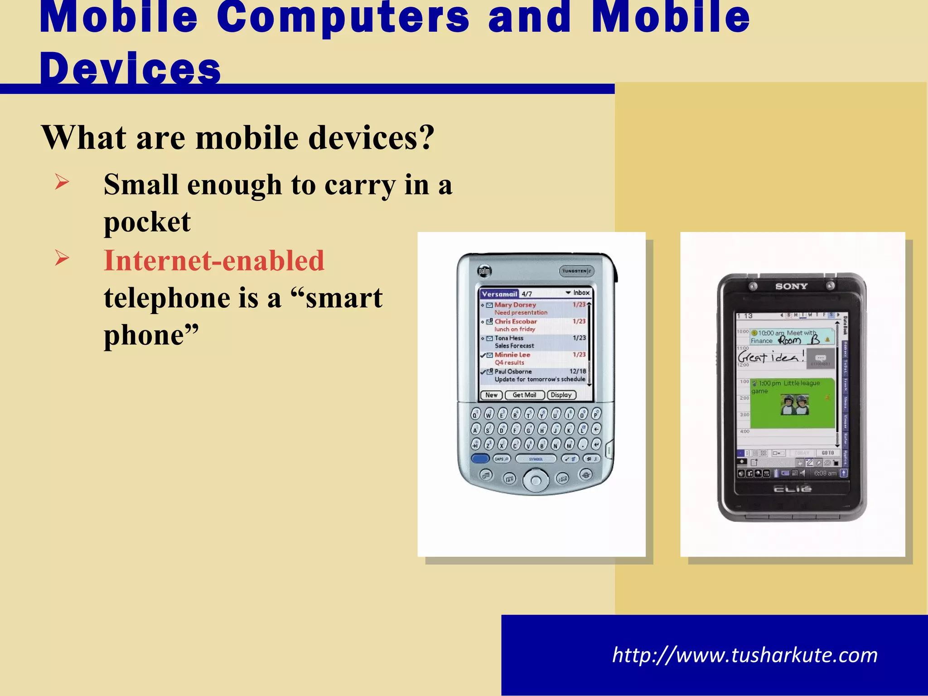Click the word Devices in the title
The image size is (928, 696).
[x=130, y=69]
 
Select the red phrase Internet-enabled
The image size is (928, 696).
[x=214, y=261]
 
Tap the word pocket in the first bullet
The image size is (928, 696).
[x=147, y=222]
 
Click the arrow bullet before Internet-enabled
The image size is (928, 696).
[x=62, y=258]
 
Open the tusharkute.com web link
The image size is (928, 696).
[x=744, y=655]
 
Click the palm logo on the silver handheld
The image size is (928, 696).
[x=484, y=271]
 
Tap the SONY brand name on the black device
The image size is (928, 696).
[x=791, y=286]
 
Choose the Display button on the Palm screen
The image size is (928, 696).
[x=561, y=395]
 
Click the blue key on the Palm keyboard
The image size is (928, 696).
[x=480, y=459]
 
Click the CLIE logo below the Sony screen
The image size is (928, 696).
[x=792, y=489]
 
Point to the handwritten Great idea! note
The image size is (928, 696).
[x=771, y=356]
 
